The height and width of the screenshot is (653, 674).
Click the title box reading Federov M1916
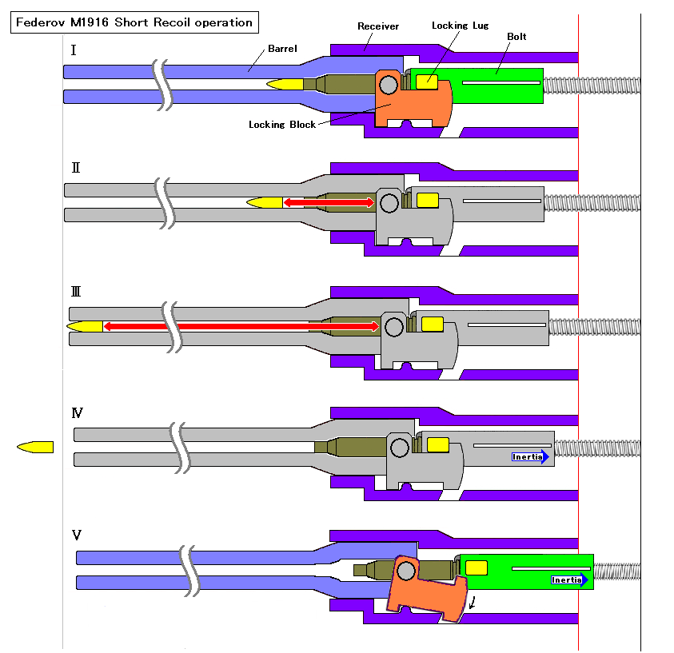[134, 22]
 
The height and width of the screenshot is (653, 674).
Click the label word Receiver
[378, 26]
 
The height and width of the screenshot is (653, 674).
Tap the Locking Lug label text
[460, 26]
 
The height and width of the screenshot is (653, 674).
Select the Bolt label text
[516, 37]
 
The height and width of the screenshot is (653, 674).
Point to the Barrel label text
[282, 49]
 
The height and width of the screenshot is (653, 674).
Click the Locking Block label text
[282, 125]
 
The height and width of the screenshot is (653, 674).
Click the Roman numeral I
[74, 50]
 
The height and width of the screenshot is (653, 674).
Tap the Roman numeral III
[76, 292]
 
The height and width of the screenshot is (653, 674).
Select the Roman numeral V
[77, 535]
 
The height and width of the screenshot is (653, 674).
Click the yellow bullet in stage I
[285, 84]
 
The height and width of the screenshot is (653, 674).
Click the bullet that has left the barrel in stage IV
[35, 448]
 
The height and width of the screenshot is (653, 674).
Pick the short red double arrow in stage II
[329, 202]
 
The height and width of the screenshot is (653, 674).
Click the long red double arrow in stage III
[241, 326]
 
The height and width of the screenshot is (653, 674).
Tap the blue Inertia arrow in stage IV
[530, 456]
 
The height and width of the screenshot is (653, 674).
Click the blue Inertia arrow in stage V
[569, 580]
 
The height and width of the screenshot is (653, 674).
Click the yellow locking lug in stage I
[427, 82]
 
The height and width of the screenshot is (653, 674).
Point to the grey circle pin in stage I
[389, 85]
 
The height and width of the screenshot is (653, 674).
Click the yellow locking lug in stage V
[477, 568]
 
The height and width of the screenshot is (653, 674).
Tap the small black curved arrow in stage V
[472, 603]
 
